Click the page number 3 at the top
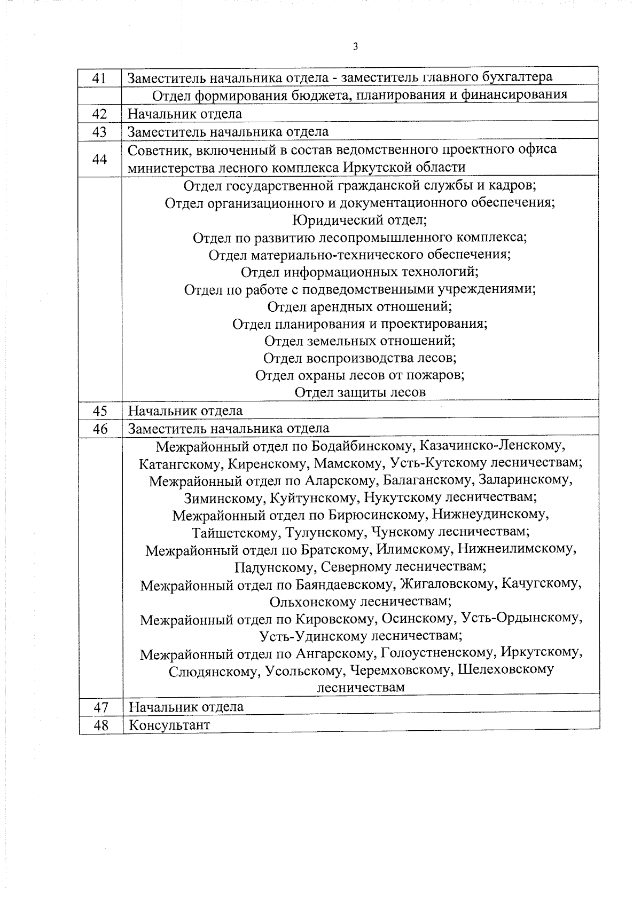pyautogui.click(x=355, y=46)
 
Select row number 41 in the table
pyautogui.click(x=99, y=78)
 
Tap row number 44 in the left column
pyautogui.click(x=99, y=159)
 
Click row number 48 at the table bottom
pyautogui.click(x=100, y=725)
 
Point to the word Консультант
pyautogui.click(x=169, y=725)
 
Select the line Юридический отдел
pyautogui.click(x=359, y=220)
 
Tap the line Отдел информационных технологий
pyautogui.click(x=359, y=272)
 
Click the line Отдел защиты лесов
pyautogui.click(x=360, y=392)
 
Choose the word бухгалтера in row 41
pyautogui.click(x=517, y=77)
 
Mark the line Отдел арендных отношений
pyautogui.click(x=359, y=306)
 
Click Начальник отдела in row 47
pyautogui.click(x=186, y=707)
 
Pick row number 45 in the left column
pyautogui.click(x=100, y=410)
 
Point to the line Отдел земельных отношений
pyautogui.click(x=359, y=341)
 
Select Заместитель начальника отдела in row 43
pyautogui.click(x=228, y=132)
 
